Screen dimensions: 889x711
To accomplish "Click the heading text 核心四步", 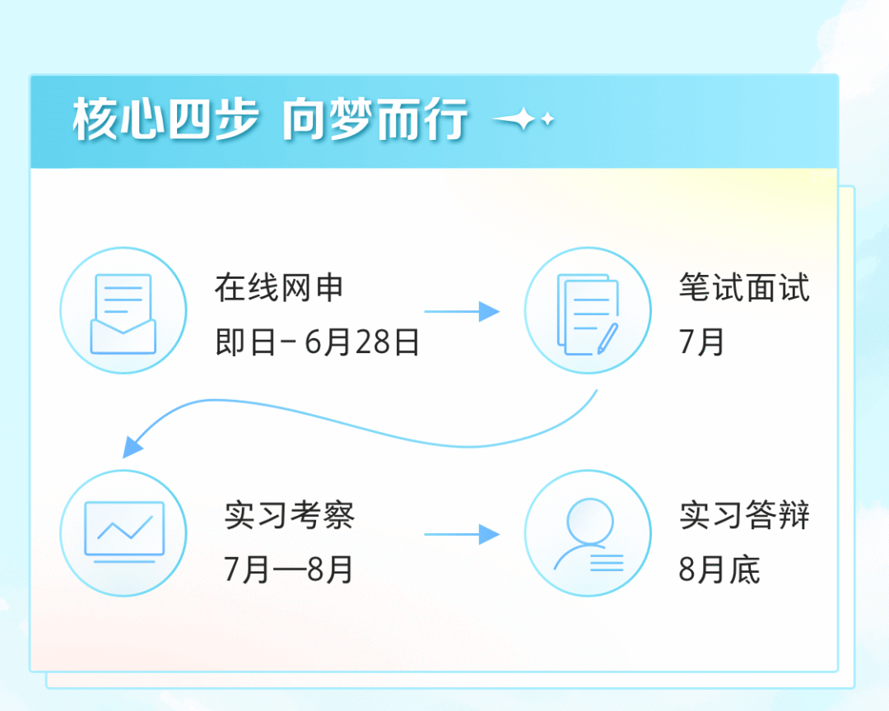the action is [x=165, y=119].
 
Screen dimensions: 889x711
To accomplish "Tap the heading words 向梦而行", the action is [x=375, y=119].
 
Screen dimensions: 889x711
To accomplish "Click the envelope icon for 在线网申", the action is [x=123, y=314].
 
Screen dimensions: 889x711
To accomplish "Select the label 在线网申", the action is [x=279, y=287].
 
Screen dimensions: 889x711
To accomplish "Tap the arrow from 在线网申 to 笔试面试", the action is [x=462, y=311].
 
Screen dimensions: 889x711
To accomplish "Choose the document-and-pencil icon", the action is [x=588, y=314].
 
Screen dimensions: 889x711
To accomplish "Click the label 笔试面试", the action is [x=744, y=287].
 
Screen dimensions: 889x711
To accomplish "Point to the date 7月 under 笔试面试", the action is [x=701, y=342].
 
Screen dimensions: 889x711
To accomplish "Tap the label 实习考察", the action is [x=289, y=515].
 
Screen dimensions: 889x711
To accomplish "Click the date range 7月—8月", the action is [x=289, y=569].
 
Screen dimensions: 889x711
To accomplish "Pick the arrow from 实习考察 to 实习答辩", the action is [x=462, y=534].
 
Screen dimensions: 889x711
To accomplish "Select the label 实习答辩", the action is [x=744, y=515].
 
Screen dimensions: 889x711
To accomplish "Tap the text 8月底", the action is [x=719, y=569].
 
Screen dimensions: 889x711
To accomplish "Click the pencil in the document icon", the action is [x=607, y=338].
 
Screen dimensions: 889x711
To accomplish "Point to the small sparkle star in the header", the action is [x=547, y=119].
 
